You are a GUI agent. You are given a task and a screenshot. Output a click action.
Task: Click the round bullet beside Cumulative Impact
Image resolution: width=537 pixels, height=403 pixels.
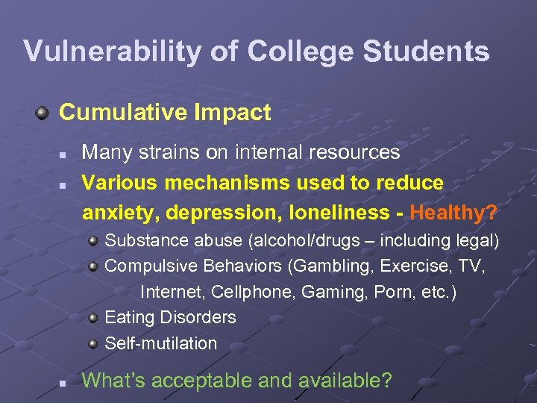43,113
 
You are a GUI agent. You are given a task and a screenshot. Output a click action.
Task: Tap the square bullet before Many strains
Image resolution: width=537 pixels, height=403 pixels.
64,154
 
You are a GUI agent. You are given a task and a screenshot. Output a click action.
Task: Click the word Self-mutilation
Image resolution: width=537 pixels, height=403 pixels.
161,343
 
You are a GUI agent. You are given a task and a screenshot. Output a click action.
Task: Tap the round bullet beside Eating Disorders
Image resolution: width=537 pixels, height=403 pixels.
92,318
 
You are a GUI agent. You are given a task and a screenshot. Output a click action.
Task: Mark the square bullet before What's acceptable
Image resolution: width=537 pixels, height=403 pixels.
64,382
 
